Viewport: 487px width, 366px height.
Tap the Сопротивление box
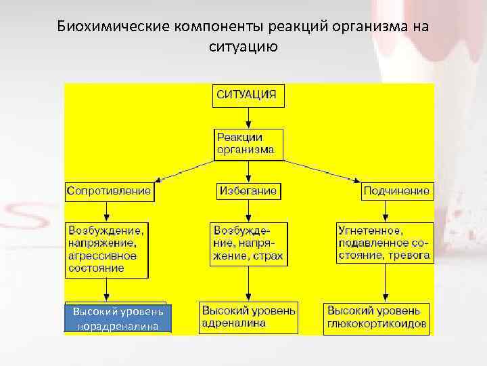[108, 191]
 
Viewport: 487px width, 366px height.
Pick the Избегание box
[248, 191]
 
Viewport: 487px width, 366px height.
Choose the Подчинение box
[396, 191]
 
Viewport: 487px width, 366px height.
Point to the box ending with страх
[248, 243]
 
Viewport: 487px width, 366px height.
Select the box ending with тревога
[384, 243]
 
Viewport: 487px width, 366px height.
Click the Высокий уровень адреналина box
[248, 317]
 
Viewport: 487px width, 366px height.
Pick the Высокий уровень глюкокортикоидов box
[377, 317]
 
